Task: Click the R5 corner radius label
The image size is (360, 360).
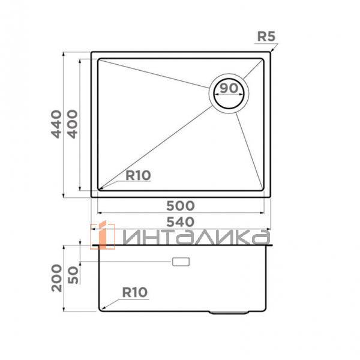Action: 266,36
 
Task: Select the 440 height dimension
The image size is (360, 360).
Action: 56,124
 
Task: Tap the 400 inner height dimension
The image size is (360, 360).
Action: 73,124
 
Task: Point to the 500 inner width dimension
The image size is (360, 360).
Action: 181,206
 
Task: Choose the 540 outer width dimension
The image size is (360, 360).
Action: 181,222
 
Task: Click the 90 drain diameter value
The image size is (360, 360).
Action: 229,88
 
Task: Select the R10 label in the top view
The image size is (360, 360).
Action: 138,175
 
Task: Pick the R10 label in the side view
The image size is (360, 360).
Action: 135,292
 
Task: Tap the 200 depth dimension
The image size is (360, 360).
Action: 57,278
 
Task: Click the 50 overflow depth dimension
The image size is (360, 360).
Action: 73,275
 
